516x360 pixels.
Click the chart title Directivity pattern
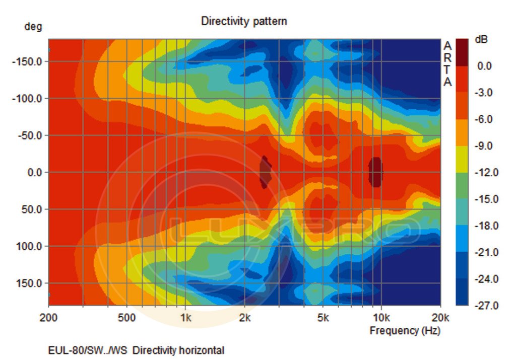pos(244,21)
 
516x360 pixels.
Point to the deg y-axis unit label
pos(33,27)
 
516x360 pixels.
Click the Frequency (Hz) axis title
pos(405,331)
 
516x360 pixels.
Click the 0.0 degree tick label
pos(34,172)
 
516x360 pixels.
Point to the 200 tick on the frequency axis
pos(48,318)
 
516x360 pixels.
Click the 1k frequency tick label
pos(185,318)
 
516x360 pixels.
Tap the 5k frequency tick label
pos(323,318)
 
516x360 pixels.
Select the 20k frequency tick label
pos(440,318)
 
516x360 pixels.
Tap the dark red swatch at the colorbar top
pos(462,52)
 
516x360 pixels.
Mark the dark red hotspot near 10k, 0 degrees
pos(375,172)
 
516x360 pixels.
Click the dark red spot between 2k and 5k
pos(265,172)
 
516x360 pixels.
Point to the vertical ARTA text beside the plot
pos(447,64)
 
